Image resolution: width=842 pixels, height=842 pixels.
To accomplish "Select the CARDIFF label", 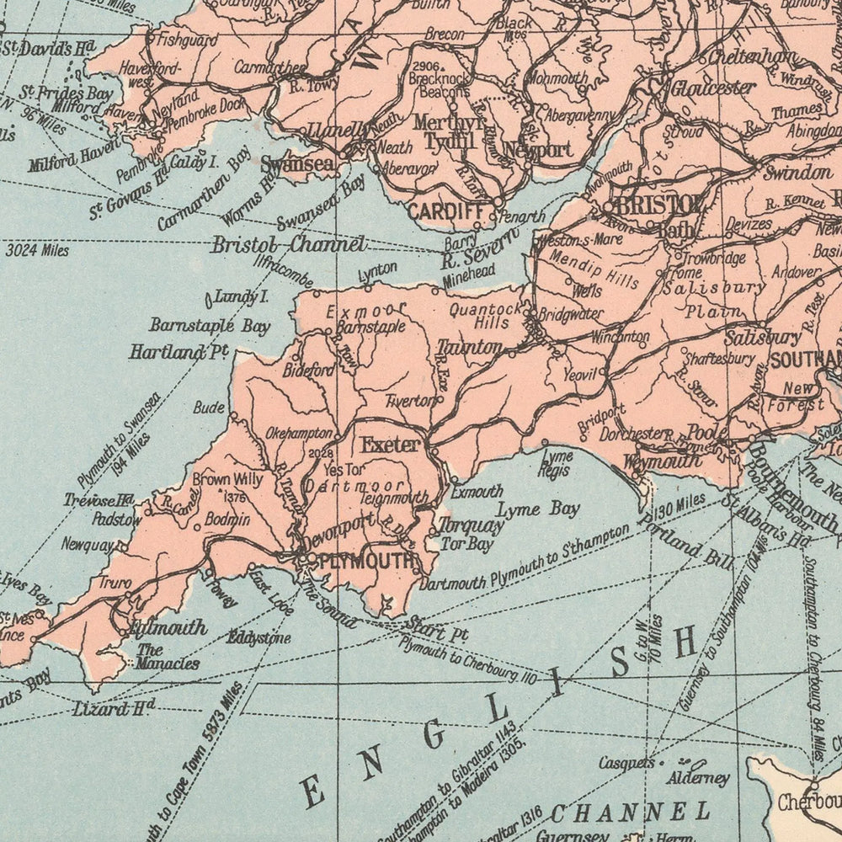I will pyautogui.click(x=444, y=211).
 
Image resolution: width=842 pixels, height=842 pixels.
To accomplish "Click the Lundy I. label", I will pyautogui.click(x=238, y=296).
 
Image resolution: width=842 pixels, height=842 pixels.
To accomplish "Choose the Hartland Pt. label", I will pyautogui.click(x=179, y=351).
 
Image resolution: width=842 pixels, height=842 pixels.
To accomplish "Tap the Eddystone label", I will pyautogui.click(x=258, y=637).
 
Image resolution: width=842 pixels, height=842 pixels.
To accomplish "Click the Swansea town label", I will pyautogui.click(x=297, y=164).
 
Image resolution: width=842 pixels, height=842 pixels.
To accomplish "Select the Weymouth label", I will pyautogui.click(x=662, y=461).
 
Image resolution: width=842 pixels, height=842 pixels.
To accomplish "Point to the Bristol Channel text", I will pyautogui.click(x=288, y=245).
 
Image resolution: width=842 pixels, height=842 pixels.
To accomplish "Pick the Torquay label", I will pyautogui.click(x=471, y=526).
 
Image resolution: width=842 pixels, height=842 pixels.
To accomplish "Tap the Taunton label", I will pyautogui.click(x=469, y=346).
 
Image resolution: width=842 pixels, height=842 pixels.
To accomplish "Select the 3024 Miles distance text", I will pyautogui.click(x=36, y=250).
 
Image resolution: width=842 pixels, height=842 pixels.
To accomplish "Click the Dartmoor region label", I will pyautogui.click(x=354, y=487).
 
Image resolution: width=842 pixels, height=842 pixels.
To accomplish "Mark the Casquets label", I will pyautogui.click(x=626, y=763).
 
